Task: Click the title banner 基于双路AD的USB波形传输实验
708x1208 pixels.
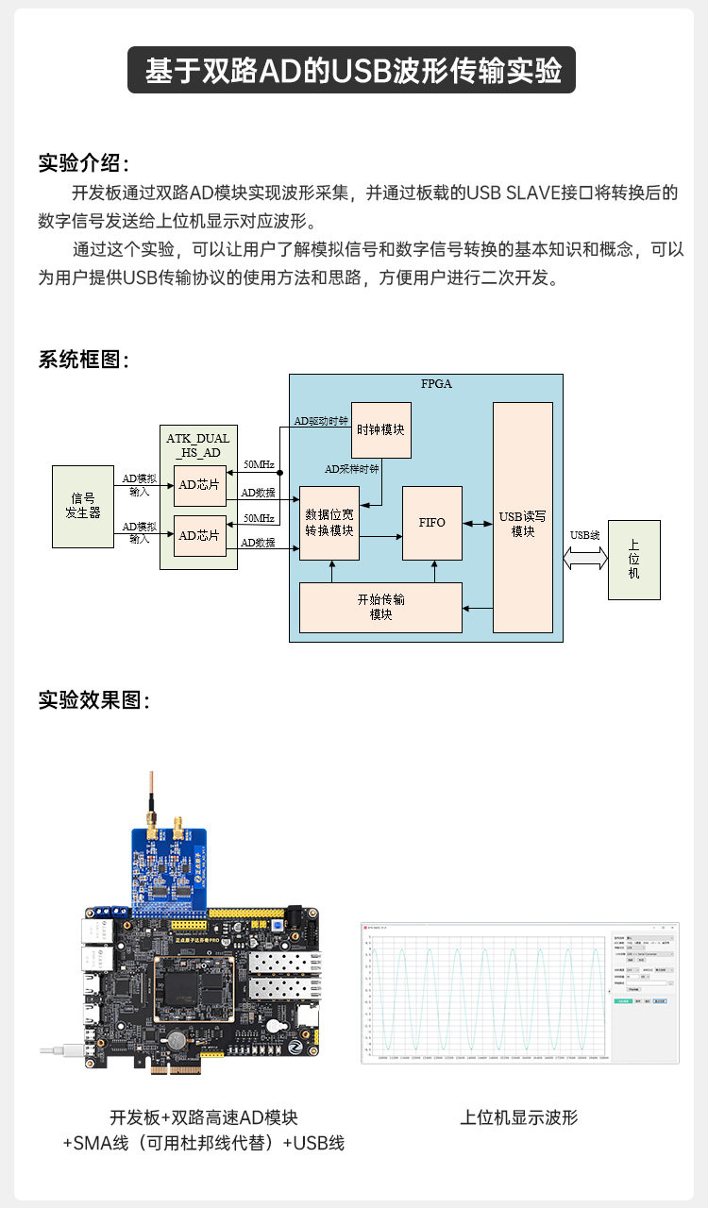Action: [353, 71]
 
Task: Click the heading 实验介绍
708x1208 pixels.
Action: [83, 162]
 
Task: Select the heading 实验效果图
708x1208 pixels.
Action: [93, 700]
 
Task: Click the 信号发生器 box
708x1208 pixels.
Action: [82, 506]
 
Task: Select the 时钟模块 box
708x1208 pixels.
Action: [381, 429]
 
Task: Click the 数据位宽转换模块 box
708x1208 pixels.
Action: [329, 523]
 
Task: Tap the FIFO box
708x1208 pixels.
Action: [432, 522]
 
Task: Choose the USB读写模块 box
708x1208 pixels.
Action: [523, 517]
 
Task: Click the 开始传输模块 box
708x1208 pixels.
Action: [380, 607]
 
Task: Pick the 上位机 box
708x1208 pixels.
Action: [633, 560]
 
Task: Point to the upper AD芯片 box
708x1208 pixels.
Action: [200, 485]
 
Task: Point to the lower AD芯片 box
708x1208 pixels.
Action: [200, 535]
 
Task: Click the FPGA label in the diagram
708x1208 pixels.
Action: [436, 384]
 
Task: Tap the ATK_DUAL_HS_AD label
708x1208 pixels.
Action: [198, 445]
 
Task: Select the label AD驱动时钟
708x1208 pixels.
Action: [321, 421]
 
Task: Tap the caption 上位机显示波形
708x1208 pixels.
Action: [518, 1117]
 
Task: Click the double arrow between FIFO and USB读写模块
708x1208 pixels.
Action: [478, 523]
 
